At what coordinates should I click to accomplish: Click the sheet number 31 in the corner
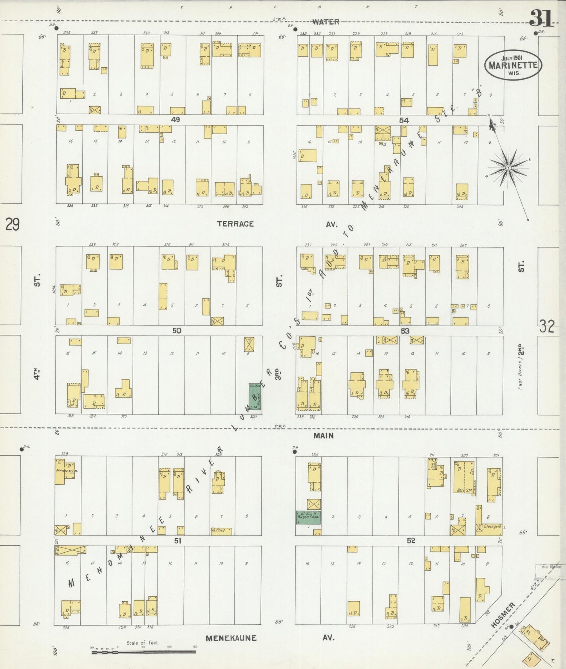[x=542, y=18]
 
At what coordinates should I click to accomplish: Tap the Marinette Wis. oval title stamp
[x=513, y=65]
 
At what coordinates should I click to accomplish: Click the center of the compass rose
[x=508, y=168]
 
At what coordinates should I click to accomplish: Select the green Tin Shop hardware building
[x=255, y=397]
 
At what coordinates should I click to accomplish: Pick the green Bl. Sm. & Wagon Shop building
[x=308, y=517]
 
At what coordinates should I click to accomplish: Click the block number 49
[x=175, y=120]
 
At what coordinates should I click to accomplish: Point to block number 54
[x=404, y=121]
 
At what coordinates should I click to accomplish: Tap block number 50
[x=177, y=331]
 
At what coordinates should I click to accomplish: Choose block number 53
[x=405, y=331]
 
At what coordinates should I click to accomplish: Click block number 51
[x=178, y=541]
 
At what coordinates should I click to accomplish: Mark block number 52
[x=410, y=541]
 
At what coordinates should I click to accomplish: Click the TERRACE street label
[x=235, y=224]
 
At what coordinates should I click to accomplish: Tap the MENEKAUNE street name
[x=231, y=638]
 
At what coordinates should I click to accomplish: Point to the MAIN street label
[x=324, y=435]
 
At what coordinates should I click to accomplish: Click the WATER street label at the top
[x=325, y=22]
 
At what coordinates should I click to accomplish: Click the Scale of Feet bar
[x=143, y=652]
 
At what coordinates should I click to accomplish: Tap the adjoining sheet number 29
[x=12, y=225]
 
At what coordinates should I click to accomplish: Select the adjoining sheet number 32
[x=547, y=326]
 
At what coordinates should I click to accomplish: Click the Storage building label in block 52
[x=491, y=527]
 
